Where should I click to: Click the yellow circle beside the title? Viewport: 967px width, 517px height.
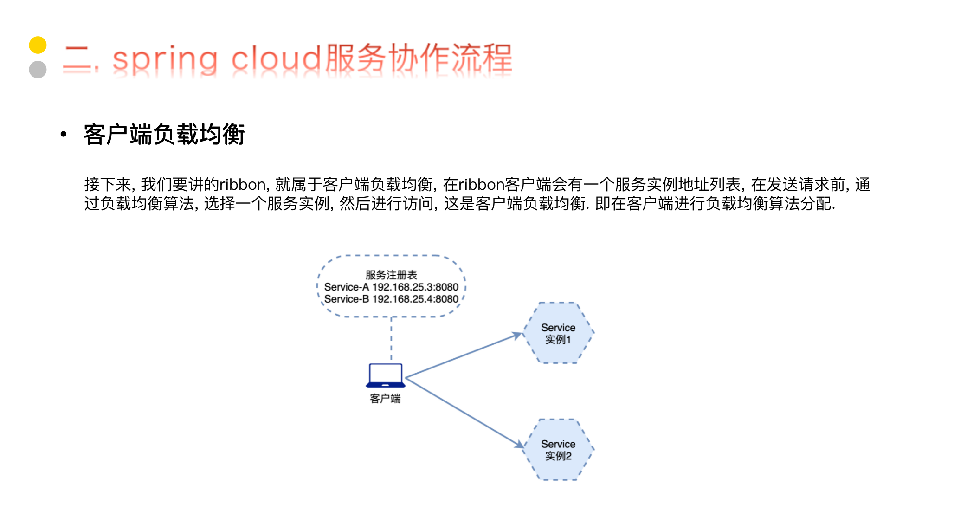coord(38,45)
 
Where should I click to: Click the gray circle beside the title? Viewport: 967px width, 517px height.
coord(38,70)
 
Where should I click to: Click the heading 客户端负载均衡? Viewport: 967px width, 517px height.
coord(164,135)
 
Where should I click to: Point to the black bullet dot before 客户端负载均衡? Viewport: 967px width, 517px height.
coord(64,135)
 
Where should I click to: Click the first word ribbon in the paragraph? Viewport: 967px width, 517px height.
coord(242,185)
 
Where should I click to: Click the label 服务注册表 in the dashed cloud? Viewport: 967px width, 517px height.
coord(391,275)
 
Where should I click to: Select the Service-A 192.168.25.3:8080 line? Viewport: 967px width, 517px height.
coord(391,287)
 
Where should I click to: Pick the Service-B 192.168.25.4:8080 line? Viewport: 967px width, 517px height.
coord(391,299)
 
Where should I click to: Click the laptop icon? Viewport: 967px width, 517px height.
coord(385,375)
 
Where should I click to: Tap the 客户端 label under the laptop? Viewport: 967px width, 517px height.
coord(385,399)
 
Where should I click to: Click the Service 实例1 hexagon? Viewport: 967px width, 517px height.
coord(558,333)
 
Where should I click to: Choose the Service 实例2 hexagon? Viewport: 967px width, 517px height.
coord(558,450)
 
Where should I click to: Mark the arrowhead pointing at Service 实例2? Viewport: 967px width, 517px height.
coord(519,445)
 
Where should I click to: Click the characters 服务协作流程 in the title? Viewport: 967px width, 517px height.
coord(419,58)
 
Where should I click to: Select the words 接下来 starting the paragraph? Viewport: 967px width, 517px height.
coord(108,185)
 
